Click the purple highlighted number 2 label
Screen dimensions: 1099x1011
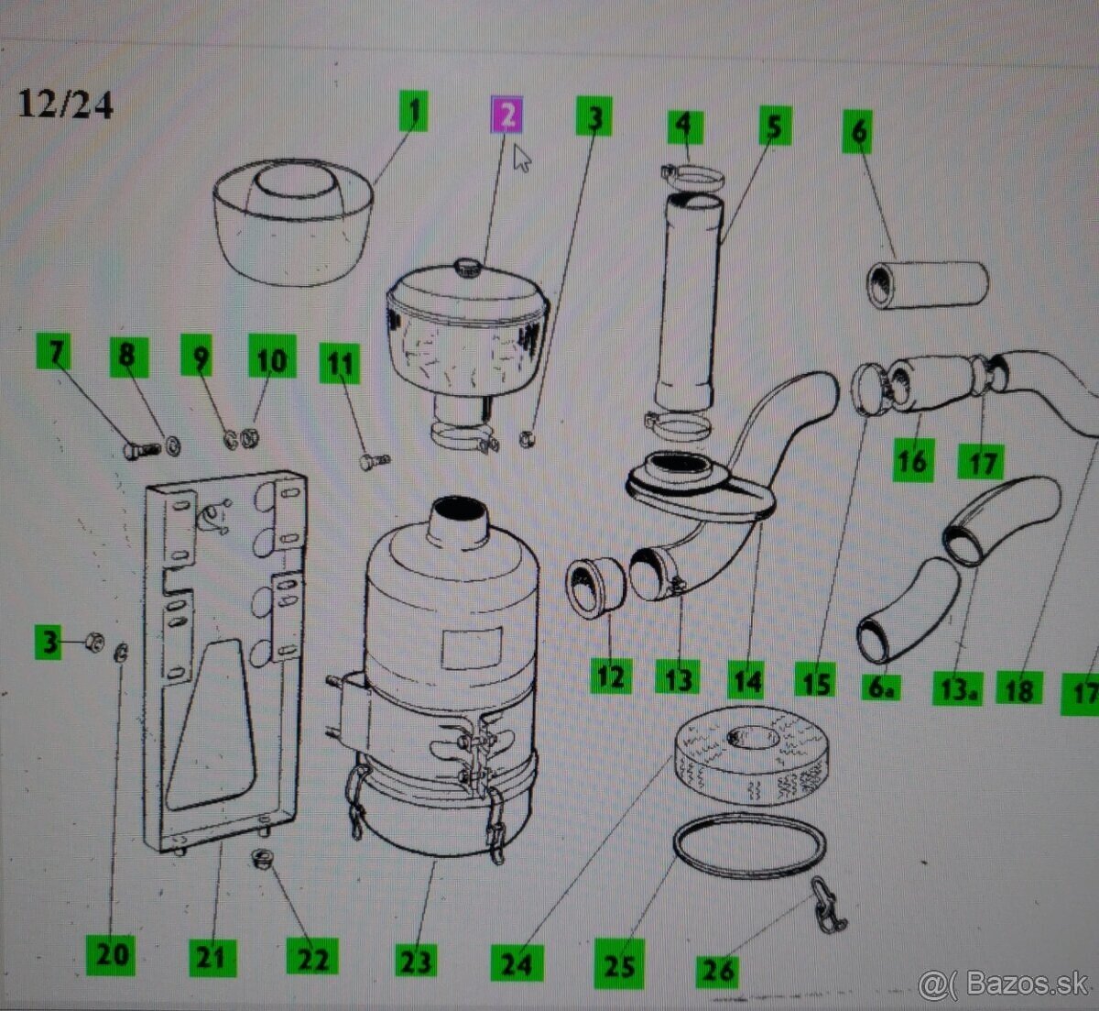tap(506, 114)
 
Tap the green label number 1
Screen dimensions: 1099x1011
tap(414, 111)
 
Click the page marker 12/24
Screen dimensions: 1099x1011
tap(66, 104)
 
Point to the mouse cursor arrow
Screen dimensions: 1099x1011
tap(521, 158)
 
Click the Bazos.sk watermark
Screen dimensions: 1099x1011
tap(1004, 983)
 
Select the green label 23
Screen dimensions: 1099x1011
tap(416, 961)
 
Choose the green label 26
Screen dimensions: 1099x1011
tap(717, 971)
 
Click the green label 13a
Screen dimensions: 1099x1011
tap(957, 687)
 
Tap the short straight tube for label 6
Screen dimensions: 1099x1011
tap(927, 285)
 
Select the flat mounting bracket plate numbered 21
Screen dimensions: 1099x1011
tap(224, 661)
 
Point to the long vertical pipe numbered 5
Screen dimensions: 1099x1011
tap(691, 302)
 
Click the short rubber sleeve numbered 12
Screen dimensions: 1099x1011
tap(595, 588)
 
